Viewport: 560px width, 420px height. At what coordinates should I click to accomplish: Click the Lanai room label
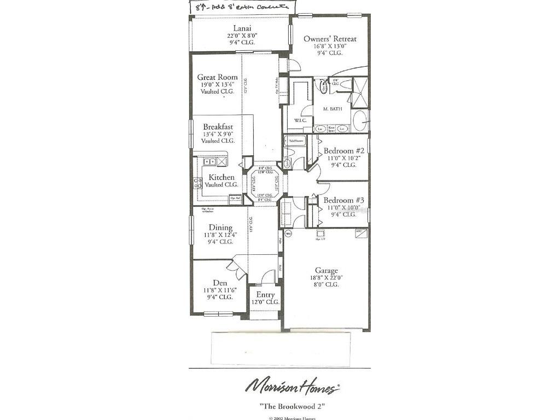point(242,28)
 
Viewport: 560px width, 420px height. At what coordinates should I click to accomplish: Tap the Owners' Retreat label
point(330,39)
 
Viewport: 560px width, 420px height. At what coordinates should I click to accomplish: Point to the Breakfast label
point(218,126)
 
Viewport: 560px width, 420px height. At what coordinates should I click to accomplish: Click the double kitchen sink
point(209,162)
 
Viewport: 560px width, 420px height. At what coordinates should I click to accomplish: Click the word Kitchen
point(221,177)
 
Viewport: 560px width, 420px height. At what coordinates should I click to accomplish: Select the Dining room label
point(220,227)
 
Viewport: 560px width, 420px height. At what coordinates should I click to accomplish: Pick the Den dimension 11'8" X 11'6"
point(220,290)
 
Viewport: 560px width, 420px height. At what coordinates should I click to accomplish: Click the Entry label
point(266,295)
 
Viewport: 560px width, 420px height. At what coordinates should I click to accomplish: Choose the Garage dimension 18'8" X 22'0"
point(326,277)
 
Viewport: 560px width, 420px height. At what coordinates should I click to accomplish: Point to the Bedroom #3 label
point(340,200)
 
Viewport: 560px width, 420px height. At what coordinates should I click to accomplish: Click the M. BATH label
point(332,109)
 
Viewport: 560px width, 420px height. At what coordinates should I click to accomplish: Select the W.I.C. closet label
point(300,120)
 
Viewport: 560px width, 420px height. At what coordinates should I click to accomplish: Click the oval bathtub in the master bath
point(359,121)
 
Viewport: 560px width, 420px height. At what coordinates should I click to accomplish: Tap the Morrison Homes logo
point(292,387)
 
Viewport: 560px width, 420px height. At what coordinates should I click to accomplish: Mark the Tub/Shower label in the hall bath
point(296,141)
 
